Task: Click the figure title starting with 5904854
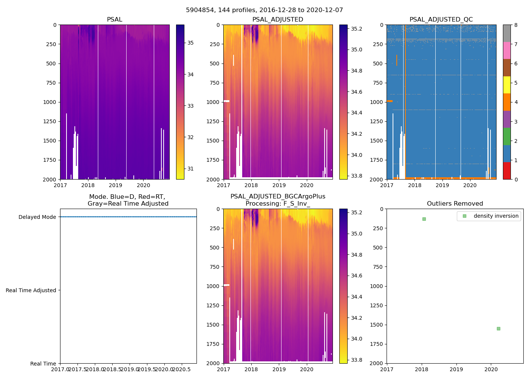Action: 264,10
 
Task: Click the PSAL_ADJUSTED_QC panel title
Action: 441,20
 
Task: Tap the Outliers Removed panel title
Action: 455,204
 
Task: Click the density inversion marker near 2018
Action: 424,219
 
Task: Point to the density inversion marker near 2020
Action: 498,328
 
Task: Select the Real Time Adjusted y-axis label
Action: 31,290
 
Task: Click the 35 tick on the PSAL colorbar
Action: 190,43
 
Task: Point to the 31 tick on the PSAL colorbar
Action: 190,169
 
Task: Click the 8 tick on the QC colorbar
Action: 516,25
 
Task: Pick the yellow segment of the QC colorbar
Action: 507,85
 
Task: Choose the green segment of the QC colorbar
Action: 507,136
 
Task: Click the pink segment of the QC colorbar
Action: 507,50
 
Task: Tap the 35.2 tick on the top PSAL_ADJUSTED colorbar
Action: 357,29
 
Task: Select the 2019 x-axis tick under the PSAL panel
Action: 116,185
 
